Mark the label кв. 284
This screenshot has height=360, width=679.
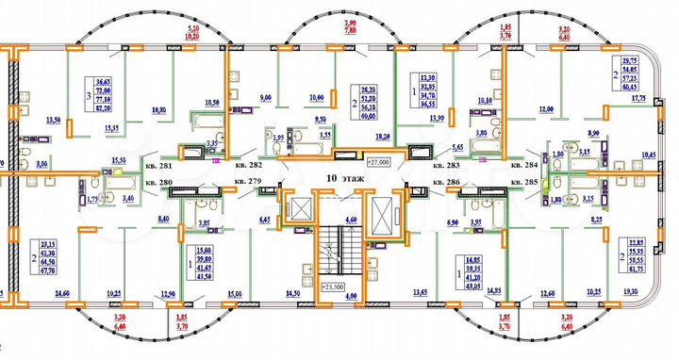523,165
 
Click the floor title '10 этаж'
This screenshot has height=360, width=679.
339,178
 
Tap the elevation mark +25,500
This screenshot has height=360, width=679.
333,286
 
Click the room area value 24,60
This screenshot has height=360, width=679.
64,295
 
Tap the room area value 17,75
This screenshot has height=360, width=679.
638,96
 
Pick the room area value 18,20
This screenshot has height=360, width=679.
384,137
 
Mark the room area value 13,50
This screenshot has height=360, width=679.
54,121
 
